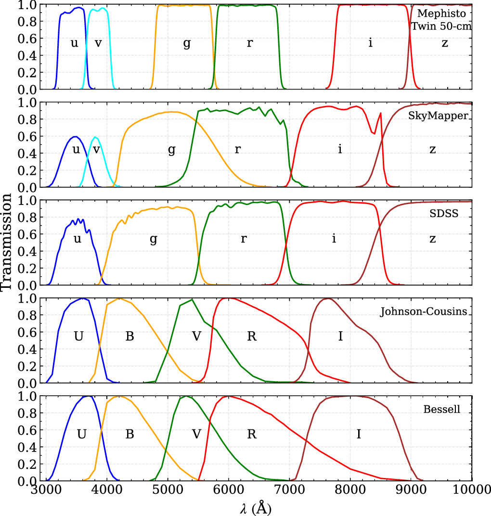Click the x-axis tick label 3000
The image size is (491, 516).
[46, 490]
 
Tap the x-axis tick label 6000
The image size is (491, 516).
[229, 490]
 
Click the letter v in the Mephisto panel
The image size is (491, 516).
[98, 43]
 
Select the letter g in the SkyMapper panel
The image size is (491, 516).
[171, 150]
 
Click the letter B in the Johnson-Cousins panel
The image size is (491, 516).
[129, 336]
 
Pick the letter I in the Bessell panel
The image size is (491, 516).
[359, 434]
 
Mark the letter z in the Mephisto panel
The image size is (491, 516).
[445, 43]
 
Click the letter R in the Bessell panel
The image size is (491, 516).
[251, 434]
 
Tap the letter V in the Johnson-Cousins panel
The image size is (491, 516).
[196, 336]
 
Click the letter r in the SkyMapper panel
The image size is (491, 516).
[237, 150]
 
